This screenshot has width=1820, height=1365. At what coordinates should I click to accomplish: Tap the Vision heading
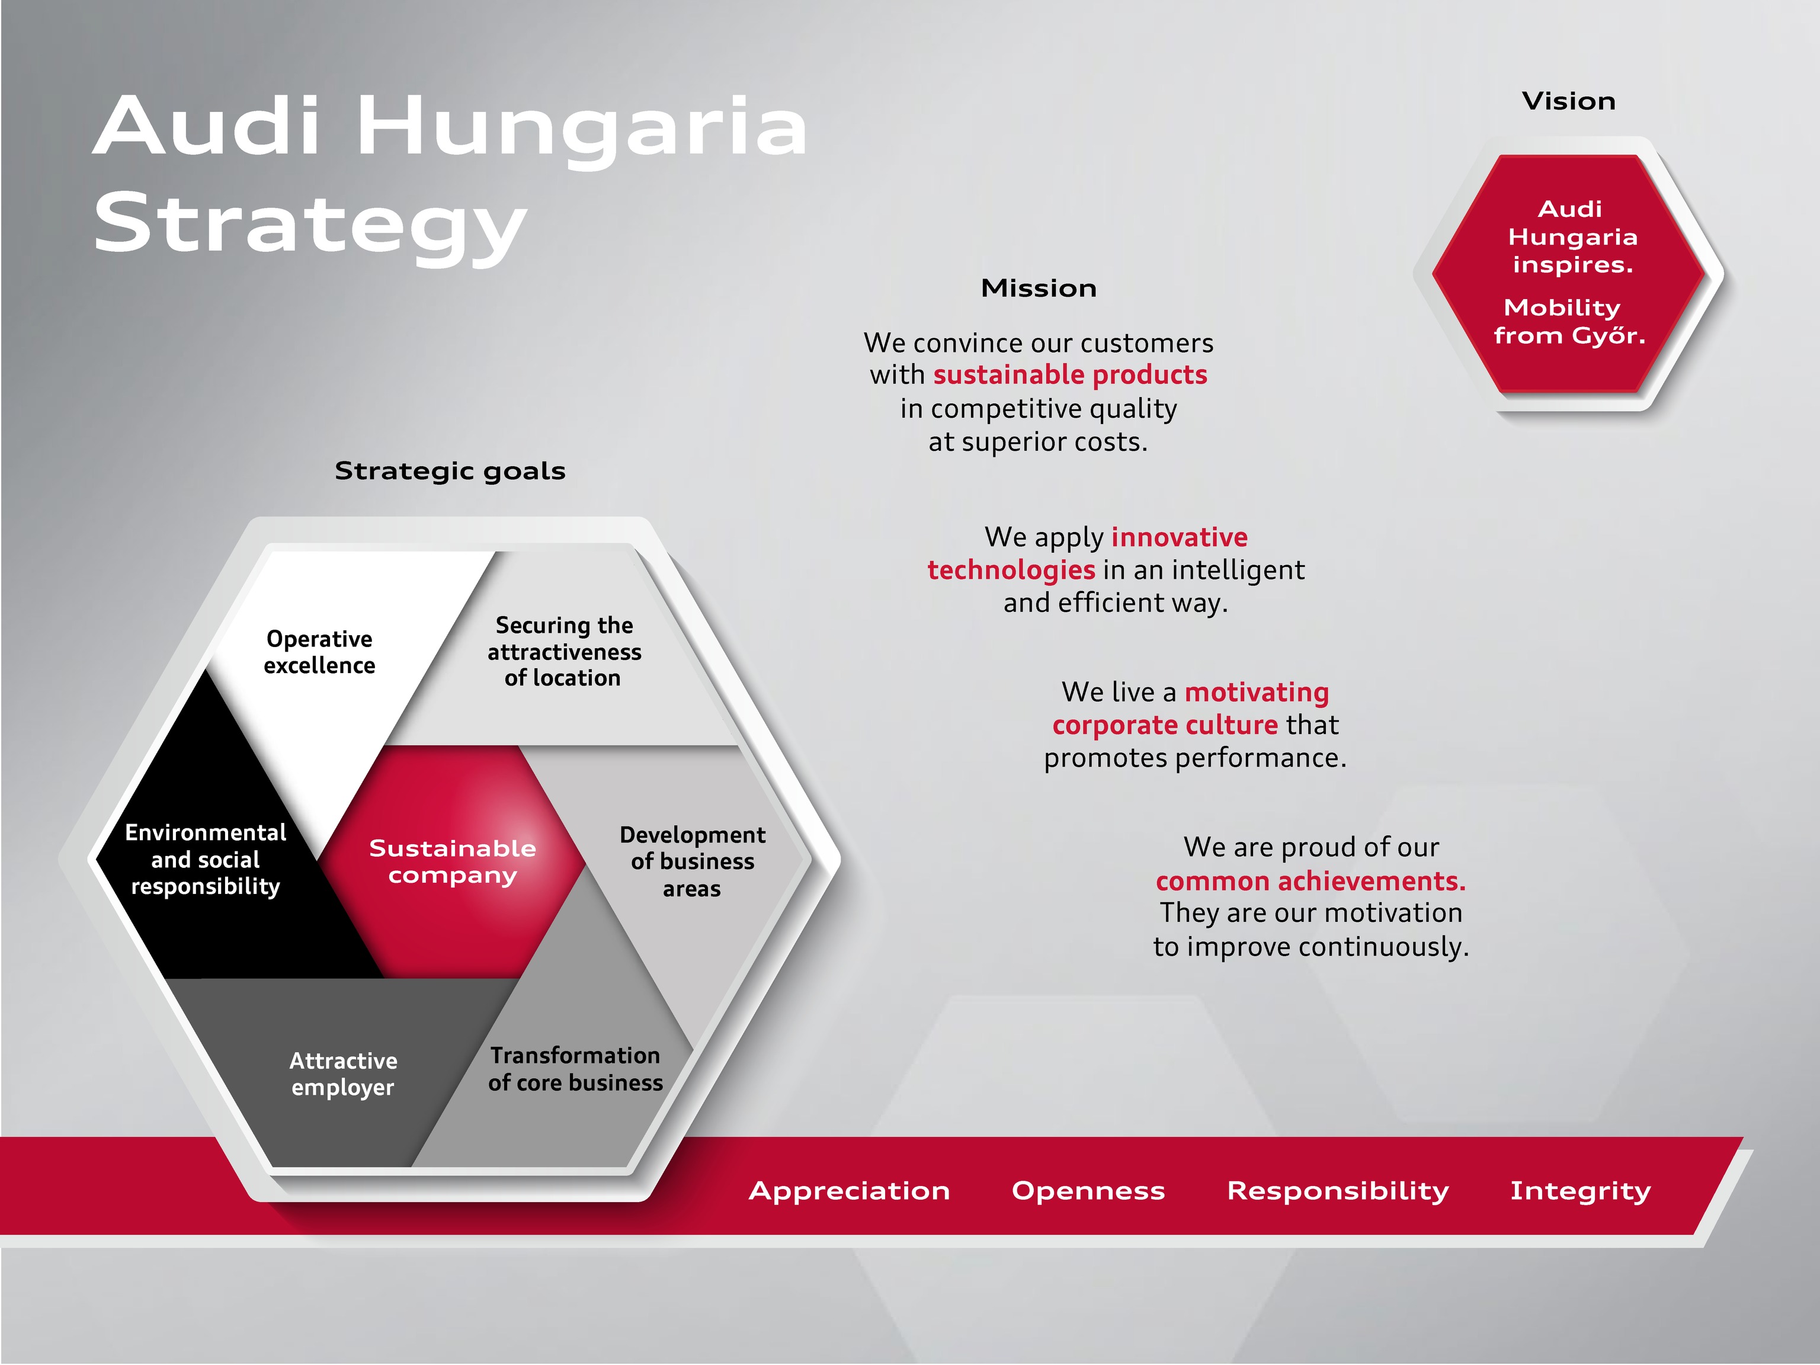tap(1569, 101)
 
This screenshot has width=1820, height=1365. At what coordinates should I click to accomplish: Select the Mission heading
tap(1039, 288)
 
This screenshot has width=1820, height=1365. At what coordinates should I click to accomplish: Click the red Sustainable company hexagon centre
tap(451, 861)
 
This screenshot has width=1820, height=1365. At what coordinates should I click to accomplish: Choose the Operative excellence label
tap(319, 652)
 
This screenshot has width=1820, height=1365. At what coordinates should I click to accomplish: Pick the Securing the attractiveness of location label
tap(563, 652)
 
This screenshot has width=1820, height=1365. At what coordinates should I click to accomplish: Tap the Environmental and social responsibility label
tap(206, 859)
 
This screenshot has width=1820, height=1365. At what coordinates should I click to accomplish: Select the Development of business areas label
tap(692, 861)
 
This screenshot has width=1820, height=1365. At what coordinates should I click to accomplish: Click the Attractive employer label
tap(343, 1074)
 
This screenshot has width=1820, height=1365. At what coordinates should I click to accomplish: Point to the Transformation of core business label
tap(575, 1069)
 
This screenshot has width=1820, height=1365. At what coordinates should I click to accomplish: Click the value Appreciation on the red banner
tap(849, 1191)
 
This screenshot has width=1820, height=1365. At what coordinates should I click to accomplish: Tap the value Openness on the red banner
tap(1088, 1191)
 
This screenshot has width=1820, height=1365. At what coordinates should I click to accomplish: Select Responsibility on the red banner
tap(1338, 1191)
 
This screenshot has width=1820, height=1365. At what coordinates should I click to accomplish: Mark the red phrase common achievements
tap(1310, 881)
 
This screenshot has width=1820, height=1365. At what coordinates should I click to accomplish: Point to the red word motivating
tap(1257, 693)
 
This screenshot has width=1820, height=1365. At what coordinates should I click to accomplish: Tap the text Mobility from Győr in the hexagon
tap(1569, 322)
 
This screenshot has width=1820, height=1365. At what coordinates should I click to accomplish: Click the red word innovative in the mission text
tap(1179, 537)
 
